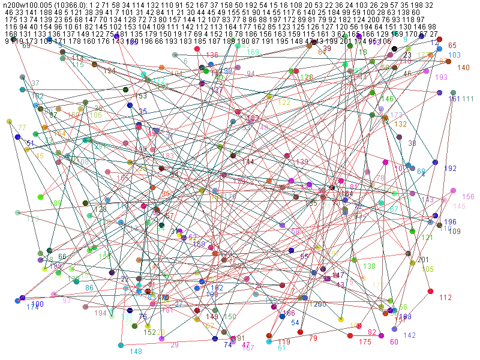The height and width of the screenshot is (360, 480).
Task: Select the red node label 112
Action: click(445, 298)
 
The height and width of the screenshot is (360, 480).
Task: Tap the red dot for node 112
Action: click(430, 292)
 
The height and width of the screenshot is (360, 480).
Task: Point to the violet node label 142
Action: click(410, 335)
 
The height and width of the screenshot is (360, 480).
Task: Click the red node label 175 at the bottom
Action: click(365, 341)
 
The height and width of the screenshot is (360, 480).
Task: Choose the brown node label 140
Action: click(463, 68)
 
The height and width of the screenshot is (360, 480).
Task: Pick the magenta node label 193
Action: click(441, 77)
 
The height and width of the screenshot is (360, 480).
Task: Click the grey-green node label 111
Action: click(468, 99)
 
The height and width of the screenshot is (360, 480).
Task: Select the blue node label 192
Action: click(450, 169)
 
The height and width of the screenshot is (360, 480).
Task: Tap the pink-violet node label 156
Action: click(468, 197)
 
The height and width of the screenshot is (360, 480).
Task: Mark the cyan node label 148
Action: click(136, 352)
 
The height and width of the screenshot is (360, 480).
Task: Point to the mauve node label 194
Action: click(101, 313)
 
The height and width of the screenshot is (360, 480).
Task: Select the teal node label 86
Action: click(89, 288)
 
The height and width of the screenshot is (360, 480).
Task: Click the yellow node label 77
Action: click(22, 128)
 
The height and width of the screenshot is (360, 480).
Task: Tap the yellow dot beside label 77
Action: click(9, 122)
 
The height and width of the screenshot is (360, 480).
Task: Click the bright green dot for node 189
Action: click(40, 197)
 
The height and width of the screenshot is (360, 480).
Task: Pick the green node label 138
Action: click(369, 266)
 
